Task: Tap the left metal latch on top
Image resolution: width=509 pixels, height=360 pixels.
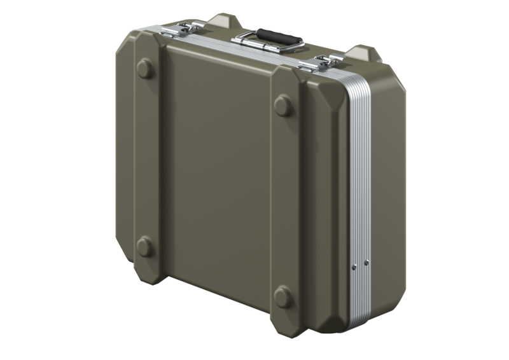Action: [x=181, y=28]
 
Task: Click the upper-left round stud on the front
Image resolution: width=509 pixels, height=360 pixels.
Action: [x=145, y=67]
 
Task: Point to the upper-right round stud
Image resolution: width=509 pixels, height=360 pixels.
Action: [x=283, y=105]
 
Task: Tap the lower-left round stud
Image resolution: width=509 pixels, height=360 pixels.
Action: [x=144, y=246]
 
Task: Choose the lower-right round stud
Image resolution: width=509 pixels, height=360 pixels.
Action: [x=282, y=296]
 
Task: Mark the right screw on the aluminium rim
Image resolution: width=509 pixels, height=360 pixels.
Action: [x=366, y=261]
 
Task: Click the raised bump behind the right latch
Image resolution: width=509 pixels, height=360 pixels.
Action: [x=364, y=52]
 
